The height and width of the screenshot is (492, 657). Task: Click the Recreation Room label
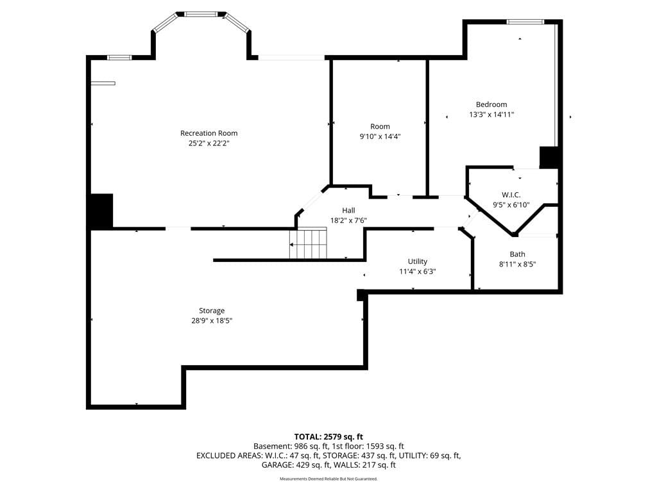[209, 133]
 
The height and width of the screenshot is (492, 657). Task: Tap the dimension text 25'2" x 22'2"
[209, 143]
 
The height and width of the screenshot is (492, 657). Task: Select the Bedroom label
[491, 104]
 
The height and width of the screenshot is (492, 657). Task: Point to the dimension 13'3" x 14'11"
[491, 114]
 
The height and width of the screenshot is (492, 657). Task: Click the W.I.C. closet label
[511, 195]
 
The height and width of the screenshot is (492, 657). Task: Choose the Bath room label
[517, 254]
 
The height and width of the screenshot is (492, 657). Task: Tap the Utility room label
[417, 261]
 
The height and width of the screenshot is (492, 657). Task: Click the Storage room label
[212, 311]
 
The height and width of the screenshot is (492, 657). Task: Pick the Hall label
[348, 210]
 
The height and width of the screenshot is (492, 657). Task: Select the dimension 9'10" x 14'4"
[380, 136]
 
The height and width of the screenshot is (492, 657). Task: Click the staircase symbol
[307, 243]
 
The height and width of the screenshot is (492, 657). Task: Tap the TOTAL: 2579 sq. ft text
[328, 437]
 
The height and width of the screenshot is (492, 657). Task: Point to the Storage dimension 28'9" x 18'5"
[212, 321]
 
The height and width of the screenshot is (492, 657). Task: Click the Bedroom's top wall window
[525, 22]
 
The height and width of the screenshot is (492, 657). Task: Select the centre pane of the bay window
[201, 14]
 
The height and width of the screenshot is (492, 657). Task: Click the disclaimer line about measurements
[328, 479]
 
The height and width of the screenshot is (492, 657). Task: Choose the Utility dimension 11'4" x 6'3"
[417, 272]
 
